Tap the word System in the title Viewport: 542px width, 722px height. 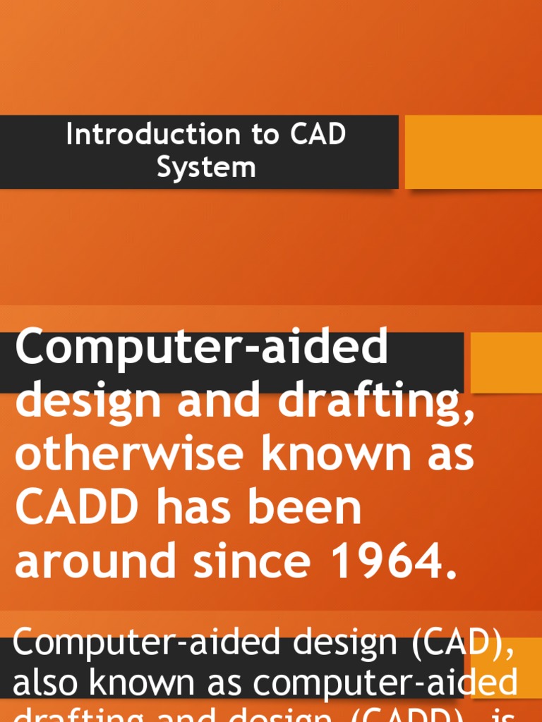pos(206,168)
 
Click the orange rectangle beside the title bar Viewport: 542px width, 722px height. pos(473,152)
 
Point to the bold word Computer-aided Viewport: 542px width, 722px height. pos(201,348)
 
